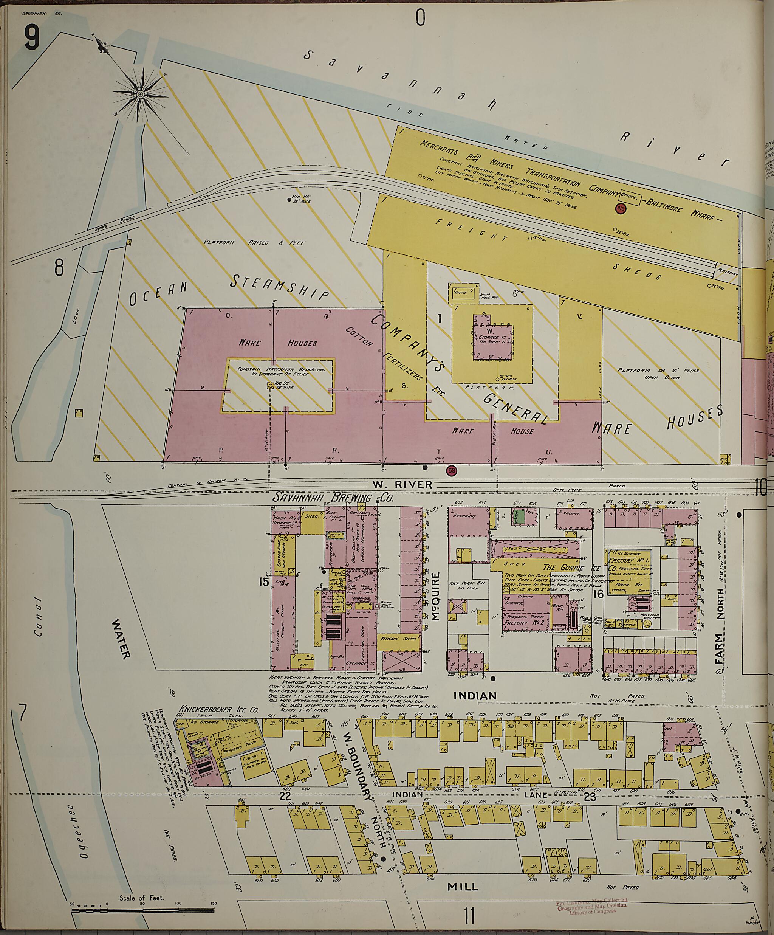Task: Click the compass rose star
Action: click(x=140, y=95)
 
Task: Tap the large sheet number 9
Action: click(x=32, y=40)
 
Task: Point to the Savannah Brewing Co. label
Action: click(x=333, y=498)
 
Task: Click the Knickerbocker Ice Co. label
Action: click(x=218, y=710)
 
